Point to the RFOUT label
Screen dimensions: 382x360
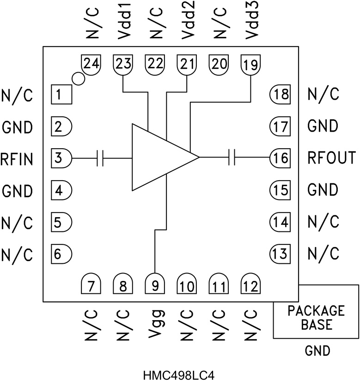332,158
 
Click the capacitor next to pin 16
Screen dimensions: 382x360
232,158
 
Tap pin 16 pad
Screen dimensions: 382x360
280,158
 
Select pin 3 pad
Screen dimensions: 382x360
61,158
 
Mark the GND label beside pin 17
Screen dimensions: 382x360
322,126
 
